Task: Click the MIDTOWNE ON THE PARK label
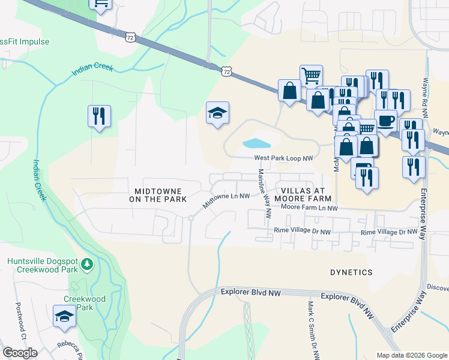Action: pyautogui.click(x=158, y=193)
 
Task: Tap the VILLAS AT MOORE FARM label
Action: pyautogui.click(x=303, y=193)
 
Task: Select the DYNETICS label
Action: pyautogui.click(x=351, y=272)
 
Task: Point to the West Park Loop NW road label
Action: pyautogui.click(x=284, y=158)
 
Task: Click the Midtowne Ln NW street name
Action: pyautogui.click(x=226, y=200)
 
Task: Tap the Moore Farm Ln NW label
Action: pyautogui.click(x=310, y=208)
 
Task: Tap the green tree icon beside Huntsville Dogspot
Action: pyautogui.click(x=87, y=263)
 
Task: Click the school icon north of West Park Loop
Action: pyautogui.click(x=217, y=113)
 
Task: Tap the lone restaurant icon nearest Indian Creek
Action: pyautogui.click(x=99, y=115)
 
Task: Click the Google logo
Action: pyautogui.click(x=20, y=352)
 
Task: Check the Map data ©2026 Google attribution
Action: pyautogui.click(x=412, y=355)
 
